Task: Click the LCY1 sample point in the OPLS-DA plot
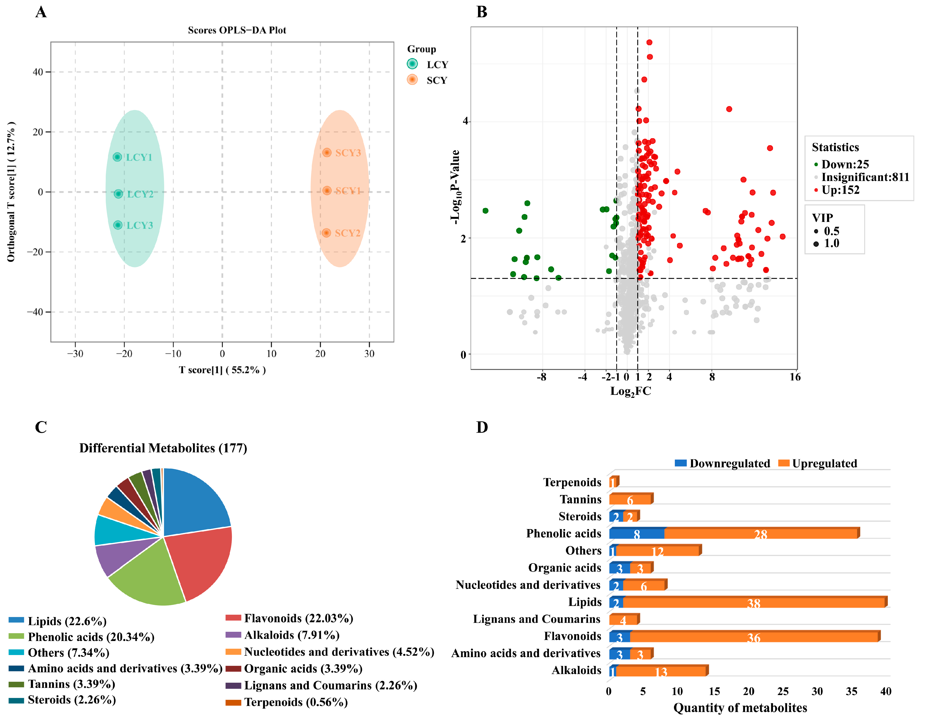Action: click(x=117, y=157)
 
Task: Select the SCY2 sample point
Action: click(x=326, y=233)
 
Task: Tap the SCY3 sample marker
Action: click(x=326, y=152)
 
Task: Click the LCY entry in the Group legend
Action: click(x=428, y=64)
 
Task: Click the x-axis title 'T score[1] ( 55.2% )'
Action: click(x=222, y=370)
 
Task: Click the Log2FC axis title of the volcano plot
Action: click(x=630, y=391)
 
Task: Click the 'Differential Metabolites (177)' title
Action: click(x=163, y=448)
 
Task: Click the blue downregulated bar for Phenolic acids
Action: click(x=636, y=534)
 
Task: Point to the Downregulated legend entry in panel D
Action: click(x=722, y=464)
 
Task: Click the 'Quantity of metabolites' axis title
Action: click(x=740, y=708)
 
